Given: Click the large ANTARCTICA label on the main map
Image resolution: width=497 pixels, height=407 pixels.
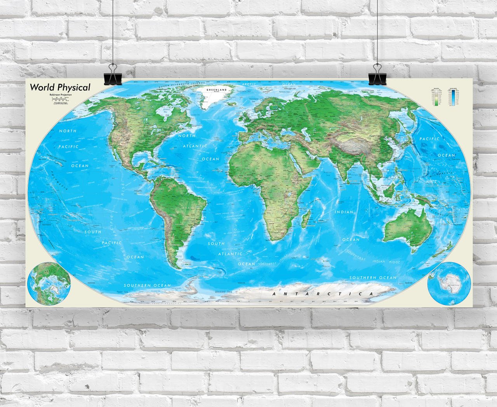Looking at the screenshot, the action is point(322,294).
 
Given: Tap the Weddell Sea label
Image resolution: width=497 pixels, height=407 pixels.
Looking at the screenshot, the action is point(219,291).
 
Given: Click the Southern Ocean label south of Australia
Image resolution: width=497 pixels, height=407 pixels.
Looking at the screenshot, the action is point(373,278).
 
